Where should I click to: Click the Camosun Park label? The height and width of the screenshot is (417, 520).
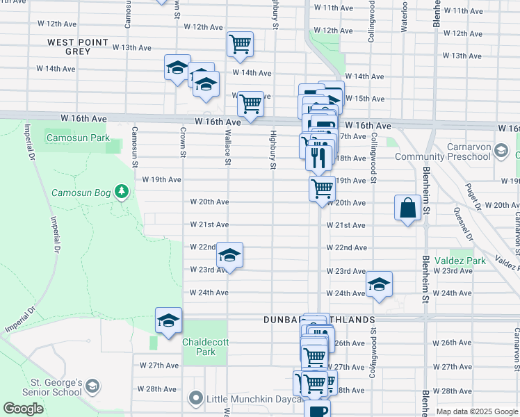coord(79,138)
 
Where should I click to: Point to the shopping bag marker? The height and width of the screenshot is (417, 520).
coord(407,208)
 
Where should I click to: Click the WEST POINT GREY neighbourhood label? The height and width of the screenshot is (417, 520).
coord(78,47)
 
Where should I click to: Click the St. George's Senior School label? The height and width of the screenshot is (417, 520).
coord(47,387)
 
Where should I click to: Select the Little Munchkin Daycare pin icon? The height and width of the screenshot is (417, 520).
coord(196,399)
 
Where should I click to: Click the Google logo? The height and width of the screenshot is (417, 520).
coord(23,409)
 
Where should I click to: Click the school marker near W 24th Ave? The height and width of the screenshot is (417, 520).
coord(380,284)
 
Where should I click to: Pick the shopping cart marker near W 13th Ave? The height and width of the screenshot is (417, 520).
coord(240,45)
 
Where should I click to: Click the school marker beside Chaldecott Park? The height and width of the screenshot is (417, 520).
coord(168,321)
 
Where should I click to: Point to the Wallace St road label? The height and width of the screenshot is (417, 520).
coord(227,149)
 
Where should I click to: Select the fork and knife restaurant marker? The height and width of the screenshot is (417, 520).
coord(319,156)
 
